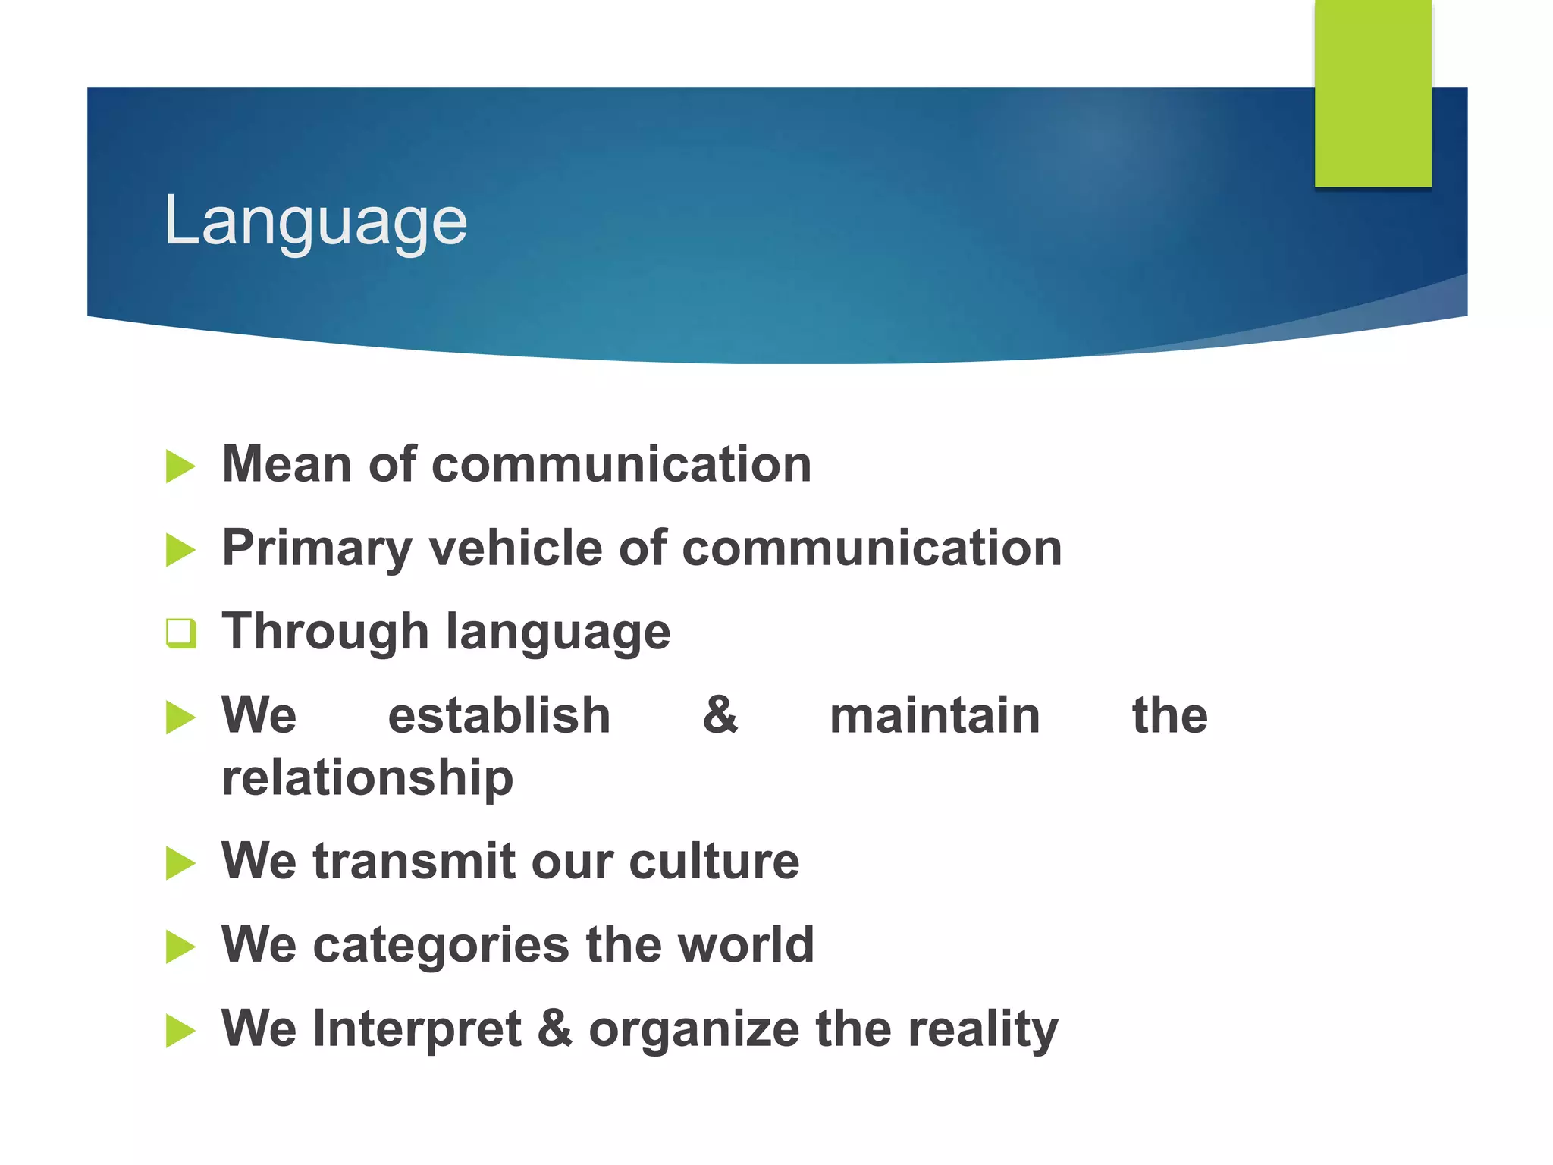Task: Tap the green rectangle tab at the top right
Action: tap(1373, 93)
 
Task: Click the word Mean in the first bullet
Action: tap(287, 464)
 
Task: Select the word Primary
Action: tap(317, 549)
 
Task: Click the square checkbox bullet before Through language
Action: tap(181, 633)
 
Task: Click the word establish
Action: tap(499, 715)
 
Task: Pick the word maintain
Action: tap(934, 715)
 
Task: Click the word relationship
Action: tap(367, 779)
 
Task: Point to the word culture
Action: tap(714, 862)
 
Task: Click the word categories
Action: tap(441, 946)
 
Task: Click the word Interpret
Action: tap(416, 1029)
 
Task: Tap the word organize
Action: tap(694, 1031)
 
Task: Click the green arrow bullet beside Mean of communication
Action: tap(180, 466)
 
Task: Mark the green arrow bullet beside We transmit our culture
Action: tap(180, 864)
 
